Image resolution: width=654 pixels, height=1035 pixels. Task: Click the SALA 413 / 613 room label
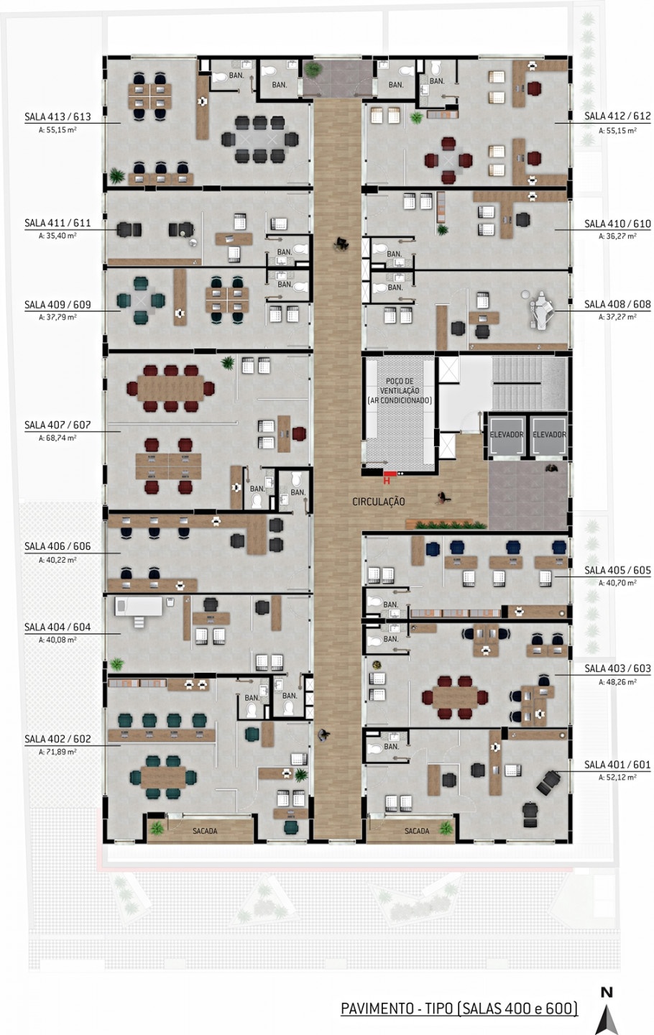coord(57,116)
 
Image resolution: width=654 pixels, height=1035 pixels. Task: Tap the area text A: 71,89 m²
coord(57,752)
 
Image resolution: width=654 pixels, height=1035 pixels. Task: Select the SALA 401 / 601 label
coord(617,765)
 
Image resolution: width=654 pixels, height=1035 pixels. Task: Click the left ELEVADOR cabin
coord(507,436)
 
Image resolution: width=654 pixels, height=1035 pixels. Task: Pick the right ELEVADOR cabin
coord(548,436)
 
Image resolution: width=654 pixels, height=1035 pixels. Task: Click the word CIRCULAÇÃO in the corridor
coord(378,502)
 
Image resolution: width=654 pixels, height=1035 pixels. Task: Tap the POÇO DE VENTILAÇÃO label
coord(400,391)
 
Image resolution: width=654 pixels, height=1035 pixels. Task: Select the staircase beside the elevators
coord(529,384)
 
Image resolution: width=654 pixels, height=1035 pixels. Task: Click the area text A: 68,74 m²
coord(57,438)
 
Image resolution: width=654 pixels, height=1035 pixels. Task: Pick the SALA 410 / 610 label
coord(617,224)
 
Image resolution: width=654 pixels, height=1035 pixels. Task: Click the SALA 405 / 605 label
coord(617,570)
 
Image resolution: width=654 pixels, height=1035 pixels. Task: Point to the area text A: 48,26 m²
coord(617,682)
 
